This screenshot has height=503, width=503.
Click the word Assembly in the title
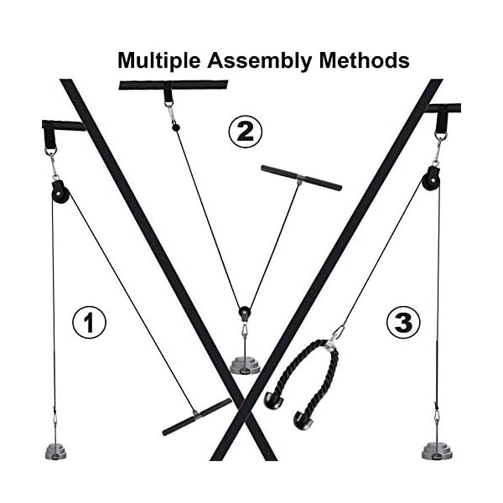[x=255, y=60]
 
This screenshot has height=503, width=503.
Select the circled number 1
[x=89, y=322]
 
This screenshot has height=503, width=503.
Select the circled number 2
[x=246, y=132]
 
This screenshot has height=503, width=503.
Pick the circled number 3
[x=403, y=322]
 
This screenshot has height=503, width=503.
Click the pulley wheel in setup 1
[x=60, y=194]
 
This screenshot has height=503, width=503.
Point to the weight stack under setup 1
[x=57, y=450]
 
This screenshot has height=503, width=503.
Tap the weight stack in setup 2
[x=244, y=365]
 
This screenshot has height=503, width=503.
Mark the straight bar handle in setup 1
[x=196, y=417]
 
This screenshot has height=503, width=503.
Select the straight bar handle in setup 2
[x=301, y=178]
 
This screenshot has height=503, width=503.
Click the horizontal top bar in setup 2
[x=173, y=85]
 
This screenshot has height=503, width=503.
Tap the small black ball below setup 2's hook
[x=174, y=127]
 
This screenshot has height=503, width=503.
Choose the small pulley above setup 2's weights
[x=244, y=313]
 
